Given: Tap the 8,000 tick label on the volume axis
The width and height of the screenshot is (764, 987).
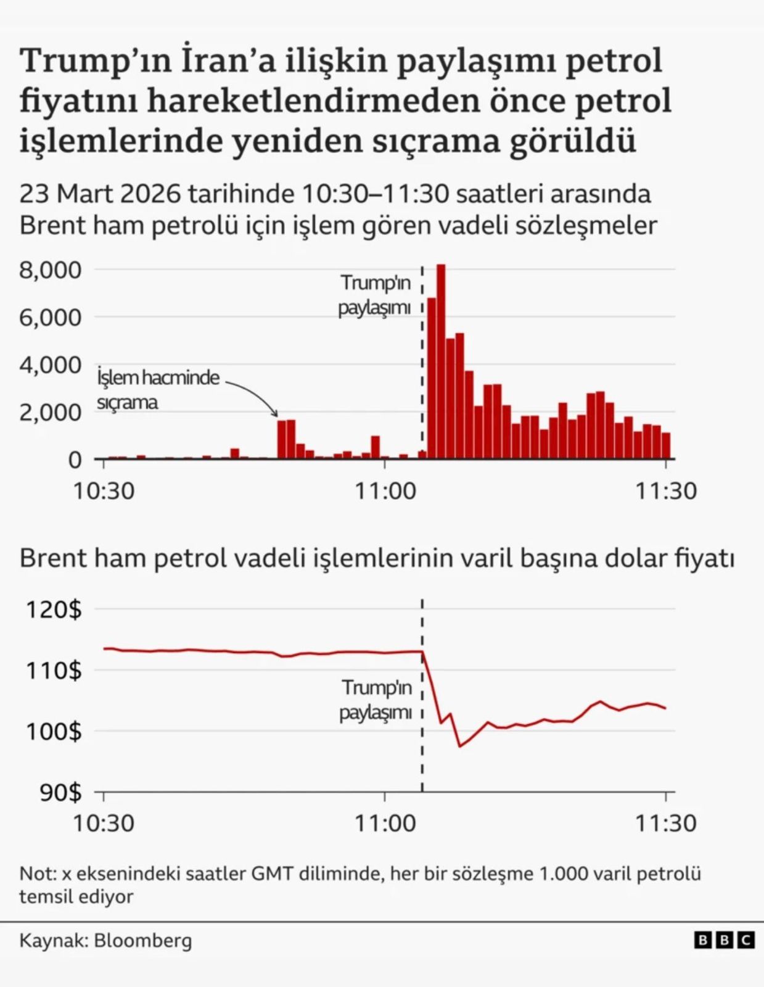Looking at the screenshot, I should [x=50, y=270].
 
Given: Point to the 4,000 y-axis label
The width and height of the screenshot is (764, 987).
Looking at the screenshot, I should [x=50, y=365].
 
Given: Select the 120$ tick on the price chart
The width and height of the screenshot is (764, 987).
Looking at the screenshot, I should [x=54, y=609].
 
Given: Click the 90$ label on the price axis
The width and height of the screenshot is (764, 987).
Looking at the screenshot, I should [x=60, y=792].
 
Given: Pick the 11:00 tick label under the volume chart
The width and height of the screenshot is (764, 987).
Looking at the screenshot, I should [x=385, y=491].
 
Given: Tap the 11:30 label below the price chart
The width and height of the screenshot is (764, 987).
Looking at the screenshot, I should [x=666, y=823].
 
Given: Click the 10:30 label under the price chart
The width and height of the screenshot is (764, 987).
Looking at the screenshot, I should [x=104, y=823].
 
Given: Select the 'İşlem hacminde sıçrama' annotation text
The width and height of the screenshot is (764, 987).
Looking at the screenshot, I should [x=158, y=389].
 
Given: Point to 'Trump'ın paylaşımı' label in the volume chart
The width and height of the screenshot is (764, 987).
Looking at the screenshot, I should [x=375, y=295].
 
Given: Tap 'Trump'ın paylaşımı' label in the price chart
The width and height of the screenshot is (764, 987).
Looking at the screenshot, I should [x=376, y=700].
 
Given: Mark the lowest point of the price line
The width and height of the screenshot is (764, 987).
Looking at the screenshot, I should [x=459, y=746].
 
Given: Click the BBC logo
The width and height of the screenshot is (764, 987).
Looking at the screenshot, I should [x=724, y=940].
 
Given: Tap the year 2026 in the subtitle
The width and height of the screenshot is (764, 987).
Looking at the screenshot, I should [x=150, y=194].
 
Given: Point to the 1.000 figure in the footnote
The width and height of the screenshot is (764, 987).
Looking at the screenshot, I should [x=562, y=873].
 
